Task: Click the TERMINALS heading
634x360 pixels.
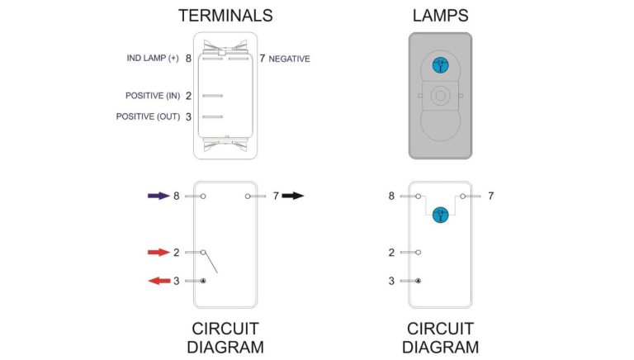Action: [x=225, y=16]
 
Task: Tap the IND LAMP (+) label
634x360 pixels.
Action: [x=153, y=59]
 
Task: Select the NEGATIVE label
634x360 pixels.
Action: [x=290, y=59]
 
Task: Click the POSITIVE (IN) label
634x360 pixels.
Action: [x=153, y=96]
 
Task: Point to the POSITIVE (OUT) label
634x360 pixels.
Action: [x=148, y=116]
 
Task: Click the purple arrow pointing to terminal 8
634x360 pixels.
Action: [x=158, y=196]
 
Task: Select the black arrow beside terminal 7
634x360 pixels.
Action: [x=292, y=196]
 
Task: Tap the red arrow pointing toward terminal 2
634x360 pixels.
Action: [x=158, y=252]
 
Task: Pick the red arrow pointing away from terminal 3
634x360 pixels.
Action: [x=158, y=281]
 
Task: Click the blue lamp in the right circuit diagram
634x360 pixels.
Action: [x=440, y=214]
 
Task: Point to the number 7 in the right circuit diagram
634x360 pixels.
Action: [x=491, y=196]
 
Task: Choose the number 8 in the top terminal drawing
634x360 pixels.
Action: [x=188, y=59]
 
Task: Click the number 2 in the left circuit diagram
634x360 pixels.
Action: [x=177, y=252]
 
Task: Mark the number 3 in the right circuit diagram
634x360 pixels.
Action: [x=391, y=281]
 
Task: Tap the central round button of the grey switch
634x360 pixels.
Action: [x=439, y=96]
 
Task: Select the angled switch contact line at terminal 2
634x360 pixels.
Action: [x=211, y=262]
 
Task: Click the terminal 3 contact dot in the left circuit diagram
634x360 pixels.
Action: [x=203, y=281]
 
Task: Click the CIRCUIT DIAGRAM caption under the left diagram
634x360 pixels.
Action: [x=225, y=337]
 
